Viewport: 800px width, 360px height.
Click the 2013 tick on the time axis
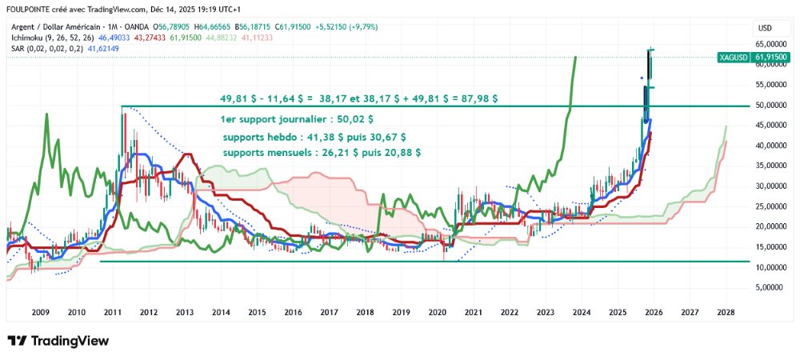(x=184, y=313)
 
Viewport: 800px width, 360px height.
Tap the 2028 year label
(x=726, y=313)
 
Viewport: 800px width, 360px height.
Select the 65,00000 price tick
(x=770, y=44)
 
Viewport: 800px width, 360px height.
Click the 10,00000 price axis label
(x=770, y=266)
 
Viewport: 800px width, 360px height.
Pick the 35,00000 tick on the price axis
(x=770, y=166)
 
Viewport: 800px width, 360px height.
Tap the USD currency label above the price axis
(x=764, y=28)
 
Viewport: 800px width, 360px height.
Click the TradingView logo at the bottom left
(x=58, y=341)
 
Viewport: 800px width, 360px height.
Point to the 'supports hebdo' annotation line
(x=314, y=137)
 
